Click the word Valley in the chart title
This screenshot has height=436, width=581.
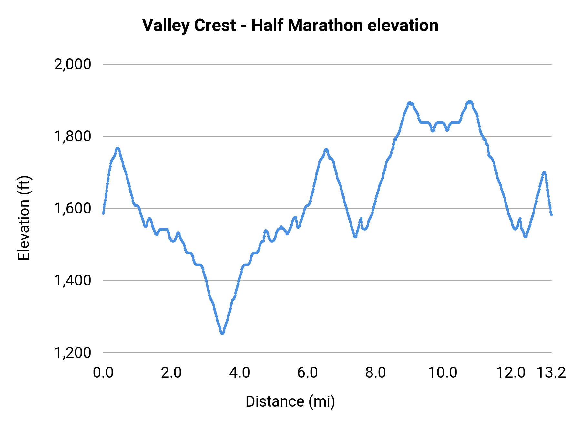163,26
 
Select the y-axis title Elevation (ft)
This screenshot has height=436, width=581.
24,218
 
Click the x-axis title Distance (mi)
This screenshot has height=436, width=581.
290,401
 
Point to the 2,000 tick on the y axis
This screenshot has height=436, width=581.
73,64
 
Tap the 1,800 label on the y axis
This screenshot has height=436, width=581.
73,136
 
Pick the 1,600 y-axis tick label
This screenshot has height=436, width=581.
73,208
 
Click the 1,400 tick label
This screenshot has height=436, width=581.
73,280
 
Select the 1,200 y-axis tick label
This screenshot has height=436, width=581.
73,353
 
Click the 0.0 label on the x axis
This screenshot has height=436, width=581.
103,372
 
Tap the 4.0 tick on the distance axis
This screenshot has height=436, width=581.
240,372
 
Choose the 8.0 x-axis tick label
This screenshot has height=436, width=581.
376,372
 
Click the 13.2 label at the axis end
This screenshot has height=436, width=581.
551,372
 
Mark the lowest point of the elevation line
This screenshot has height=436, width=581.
222,333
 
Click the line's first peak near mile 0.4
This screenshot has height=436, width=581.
118,148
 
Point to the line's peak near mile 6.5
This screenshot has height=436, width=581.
326,150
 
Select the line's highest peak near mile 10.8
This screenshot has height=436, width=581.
470,102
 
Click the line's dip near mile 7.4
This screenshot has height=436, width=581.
355,236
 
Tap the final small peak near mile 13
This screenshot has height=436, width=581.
544,172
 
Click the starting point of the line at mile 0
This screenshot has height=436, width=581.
103,213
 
